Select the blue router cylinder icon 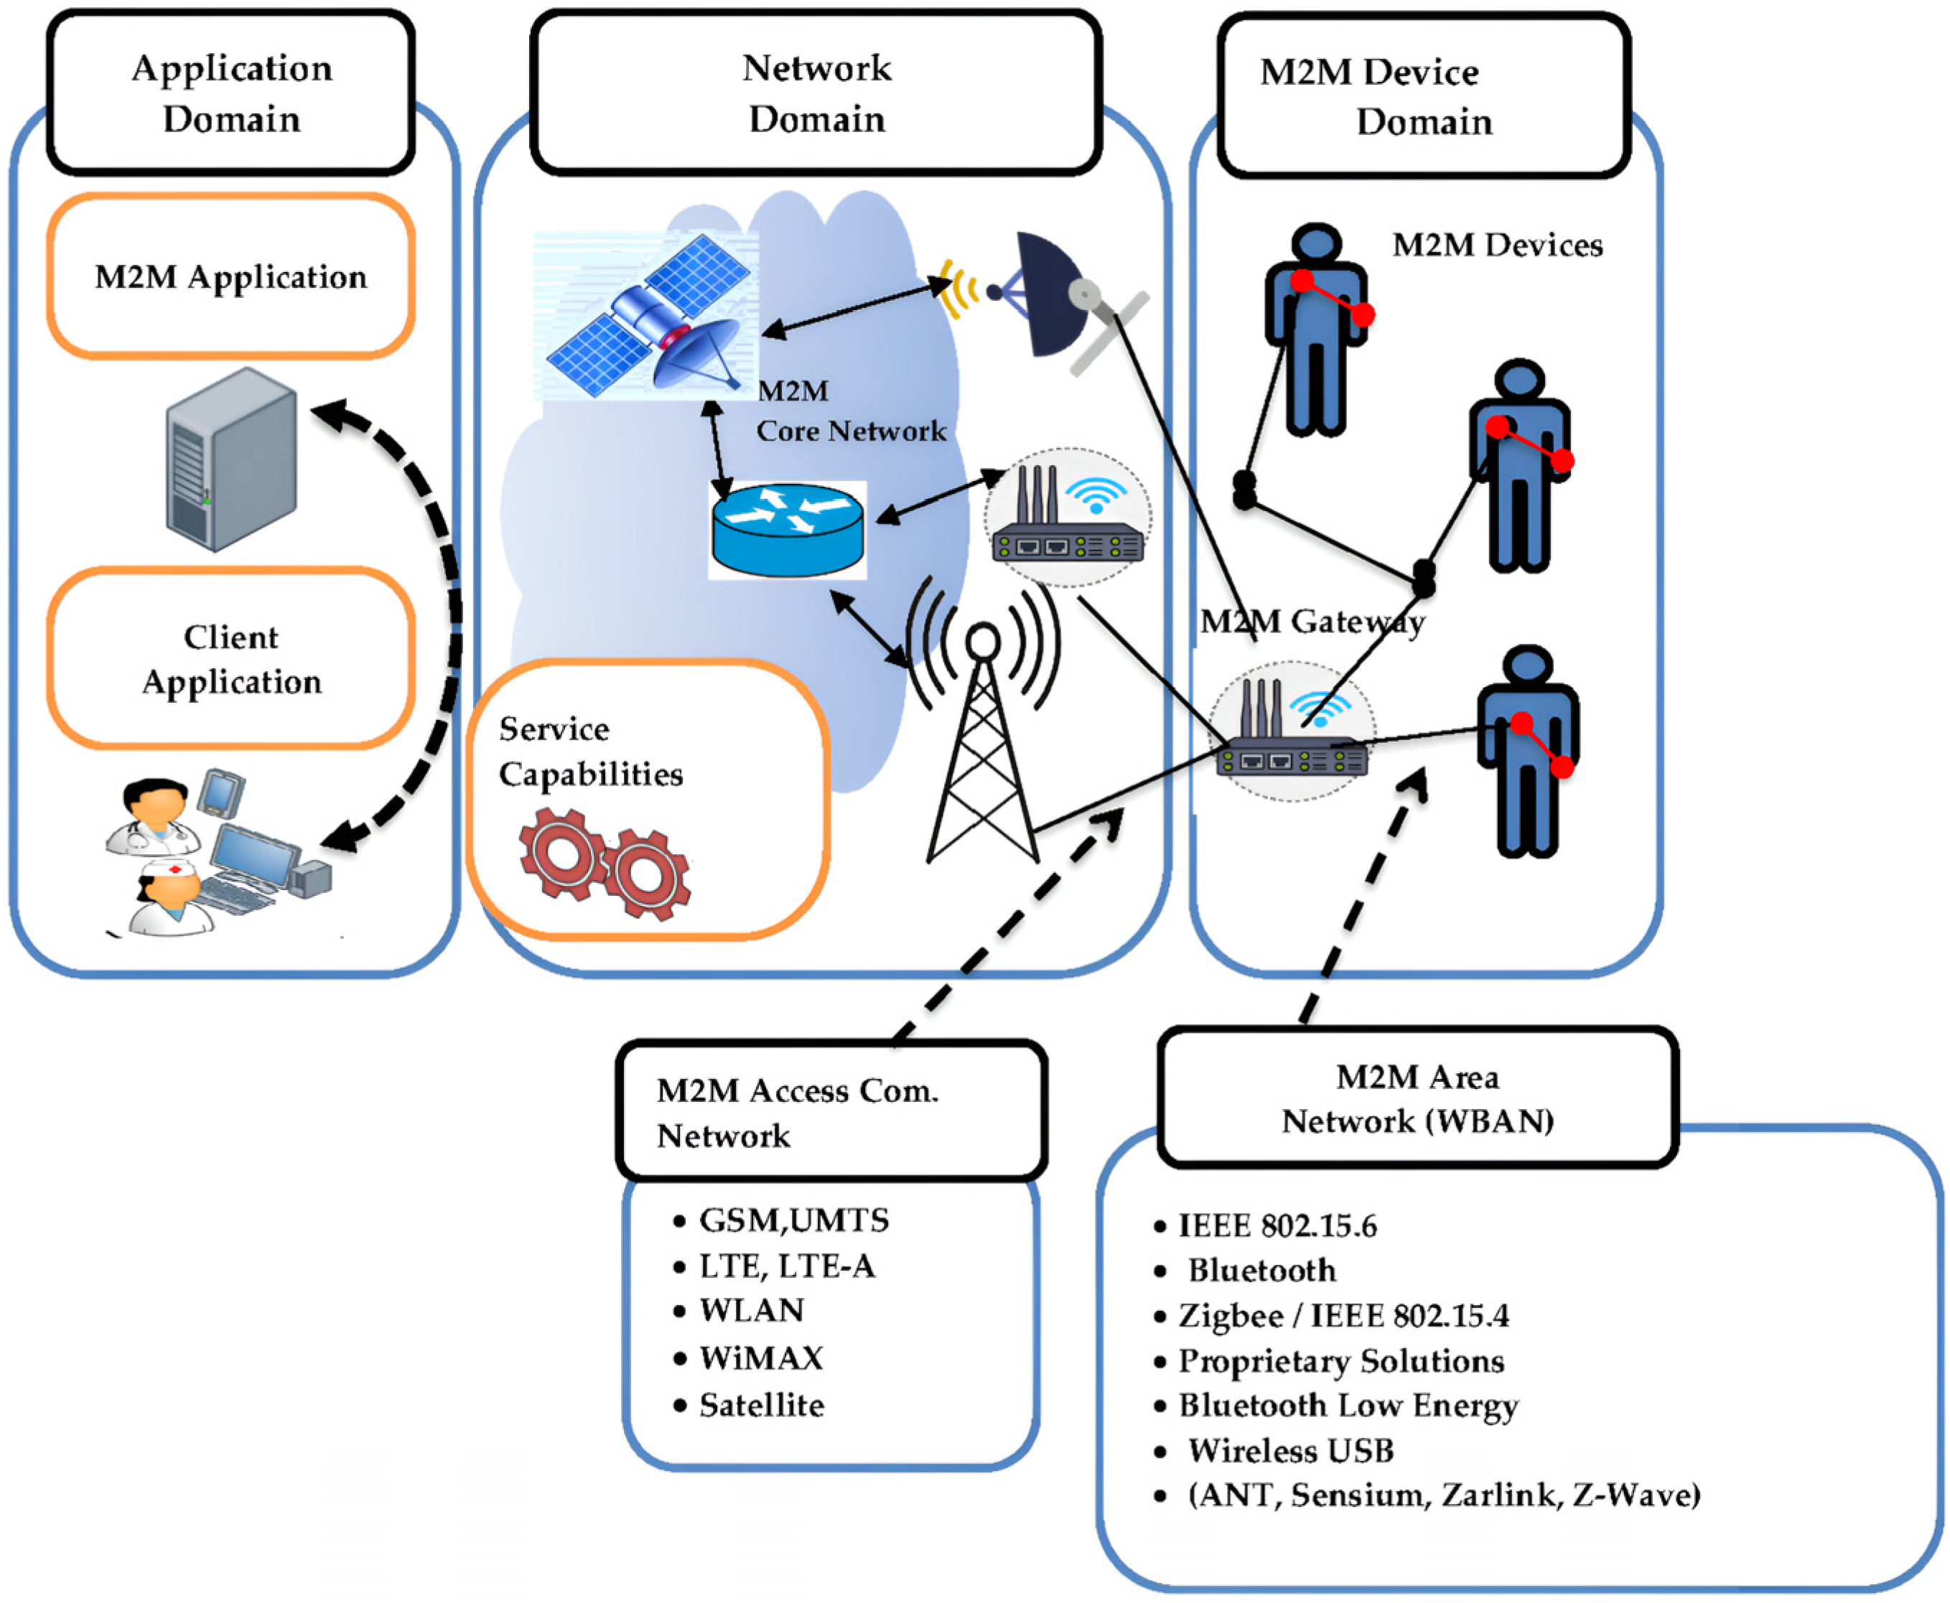pos(788,530)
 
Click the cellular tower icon pos(984,720)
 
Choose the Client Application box pos(230,658)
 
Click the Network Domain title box pos(816,93)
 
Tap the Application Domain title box pos(230,93)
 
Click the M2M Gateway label pos(1312,622)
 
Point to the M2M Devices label pos(1497,245)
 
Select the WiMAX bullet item pos(748,1358)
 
